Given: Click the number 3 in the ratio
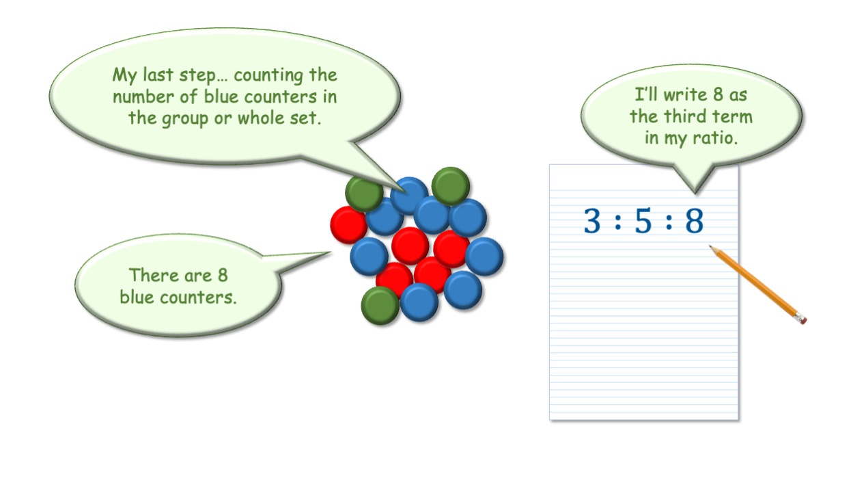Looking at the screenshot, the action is (x=592, y=220).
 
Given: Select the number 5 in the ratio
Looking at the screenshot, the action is (x=643, y=221).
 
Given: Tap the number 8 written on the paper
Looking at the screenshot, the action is (x=695, y=220).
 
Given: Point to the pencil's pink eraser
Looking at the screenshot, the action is (x=800, y=319).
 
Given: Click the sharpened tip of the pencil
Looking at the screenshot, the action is (x=711, y=246).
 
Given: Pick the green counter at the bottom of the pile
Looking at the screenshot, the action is (x=380, y=306).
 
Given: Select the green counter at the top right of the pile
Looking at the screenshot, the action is (x=451, y=186).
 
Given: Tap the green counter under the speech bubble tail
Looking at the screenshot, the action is (x=363, y=194).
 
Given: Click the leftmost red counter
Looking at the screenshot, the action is (x=348, y=225).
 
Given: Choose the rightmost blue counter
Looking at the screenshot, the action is (x=484, y=256).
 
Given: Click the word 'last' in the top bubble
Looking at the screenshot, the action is (x=158, y=74).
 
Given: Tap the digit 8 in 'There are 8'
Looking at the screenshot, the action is (x=223, y=276).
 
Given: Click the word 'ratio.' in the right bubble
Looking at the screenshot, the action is (x=715, y=138).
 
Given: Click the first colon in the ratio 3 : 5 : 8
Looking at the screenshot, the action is (x=617, y=222).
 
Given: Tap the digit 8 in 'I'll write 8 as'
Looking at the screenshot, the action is (x=718, y=94).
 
